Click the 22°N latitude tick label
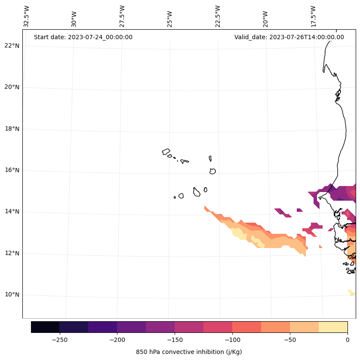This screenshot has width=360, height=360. click(x=12, y=46)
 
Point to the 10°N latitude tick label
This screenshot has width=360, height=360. click(x=12, y=295)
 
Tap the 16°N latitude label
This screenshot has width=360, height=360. click(x=12, y=170)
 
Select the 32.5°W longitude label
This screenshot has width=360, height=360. click(x=27, y=16)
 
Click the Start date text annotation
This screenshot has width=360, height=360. click(x=83, y=37)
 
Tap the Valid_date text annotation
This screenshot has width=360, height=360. click(x=289, y=37)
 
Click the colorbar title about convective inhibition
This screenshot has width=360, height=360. click(x=189, y=352)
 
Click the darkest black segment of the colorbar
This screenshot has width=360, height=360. click(x=45, y=327)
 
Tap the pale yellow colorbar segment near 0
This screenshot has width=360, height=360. click(x=333, y=327)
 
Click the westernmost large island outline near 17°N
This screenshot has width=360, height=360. click(x=166, y=152)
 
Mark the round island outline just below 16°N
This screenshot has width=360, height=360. click(x=212, y=171)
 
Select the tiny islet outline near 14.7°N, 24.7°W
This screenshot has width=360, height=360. click(x=175, y=197)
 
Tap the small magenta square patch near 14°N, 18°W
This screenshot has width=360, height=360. click(x=300, y=210)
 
